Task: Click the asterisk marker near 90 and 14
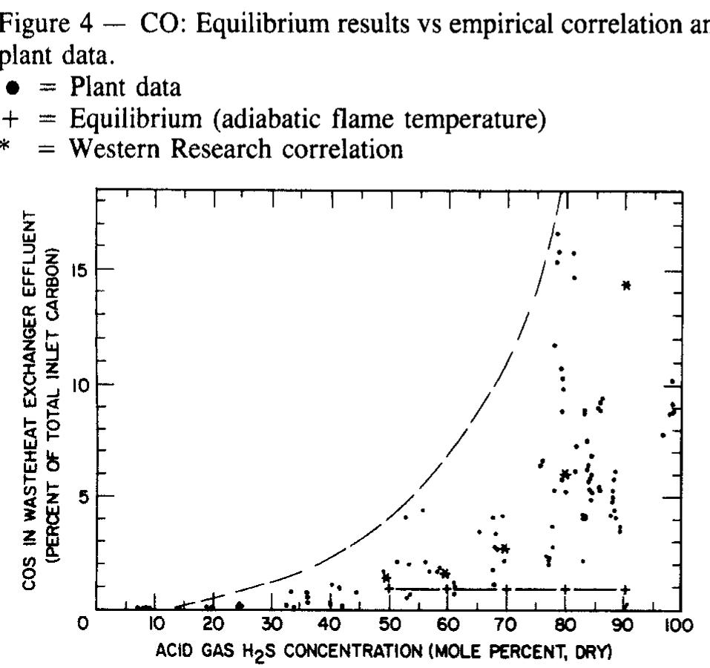pyautogui.click(x=627, y=285)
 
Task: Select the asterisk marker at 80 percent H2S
pyautogui.click(x=565, y=474)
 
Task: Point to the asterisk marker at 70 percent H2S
pyautogui.click(x=504, y=549)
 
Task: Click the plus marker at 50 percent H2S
pyautogui.click(x=389, y=589)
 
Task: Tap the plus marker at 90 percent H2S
pyautogui.click(x=625, y=589)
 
